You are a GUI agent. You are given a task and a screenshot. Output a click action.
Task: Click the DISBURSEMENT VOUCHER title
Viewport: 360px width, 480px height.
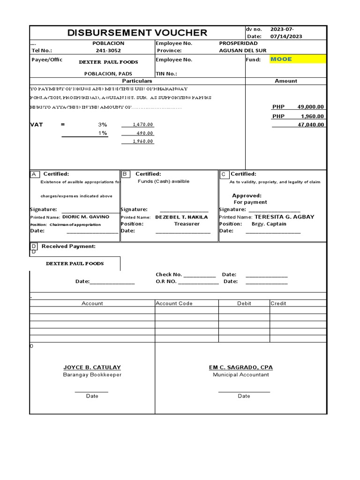click(x=137, y=32)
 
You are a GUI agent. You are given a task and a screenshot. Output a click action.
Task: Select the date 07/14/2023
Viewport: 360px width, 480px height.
click(x=286, y=37)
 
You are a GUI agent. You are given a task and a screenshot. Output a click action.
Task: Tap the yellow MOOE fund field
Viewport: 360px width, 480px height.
click(x=298, y=59)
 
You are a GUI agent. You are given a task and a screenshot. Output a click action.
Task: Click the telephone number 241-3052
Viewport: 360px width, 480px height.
click(x=108, y=51)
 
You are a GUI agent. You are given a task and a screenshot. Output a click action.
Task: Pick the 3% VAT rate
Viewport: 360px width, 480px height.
click(x=102, y=125)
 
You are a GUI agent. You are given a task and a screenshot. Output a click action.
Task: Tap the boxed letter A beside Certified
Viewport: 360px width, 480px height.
click(x=35, y=174)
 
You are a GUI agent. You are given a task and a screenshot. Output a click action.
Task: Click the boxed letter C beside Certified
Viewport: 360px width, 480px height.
click(x=224, y=174)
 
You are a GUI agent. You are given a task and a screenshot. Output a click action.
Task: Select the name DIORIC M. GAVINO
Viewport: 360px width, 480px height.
click(x=86, y=217)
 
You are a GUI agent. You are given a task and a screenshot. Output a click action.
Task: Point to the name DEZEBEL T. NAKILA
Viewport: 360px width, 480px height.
click(x=181, y=217)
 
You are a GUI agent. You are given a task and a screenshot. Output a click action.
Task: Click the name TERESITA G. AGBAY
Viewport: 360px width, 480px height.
click(x=284, y=217)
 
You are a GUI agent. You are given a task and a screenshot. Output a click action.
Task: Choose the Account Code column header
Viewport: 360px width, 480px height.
click(x=174, y=303)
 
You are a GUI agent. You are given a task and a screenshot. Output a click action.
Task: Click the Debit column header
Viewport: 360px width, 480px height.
click(x=244, y=303)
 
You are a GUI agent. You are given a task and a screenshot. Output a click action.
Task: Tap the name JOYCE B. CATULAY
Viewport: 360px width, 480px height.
click(x=92, y=367)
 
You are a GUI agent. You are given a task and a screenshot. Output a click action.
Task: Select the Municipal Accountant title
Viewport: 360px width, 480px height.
click(x=241, y=375)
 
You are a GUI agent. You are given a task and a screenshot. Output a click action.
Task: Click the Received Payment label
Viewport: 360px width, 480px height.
click(x=68, y=247)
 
